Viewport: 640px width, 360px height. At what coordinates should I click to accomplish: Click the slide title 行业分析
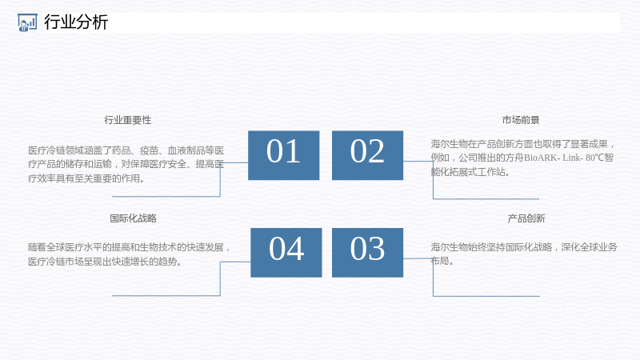tap(76, 22)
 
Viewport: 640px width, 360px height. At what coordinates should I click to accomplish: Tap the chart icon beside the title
tap(27, 22)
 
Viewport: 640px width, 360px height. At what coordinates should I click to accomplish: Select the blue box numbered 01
tap(284, 155)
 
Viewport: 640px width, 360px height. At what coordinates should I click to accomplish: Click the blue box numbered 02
tap(367, 155)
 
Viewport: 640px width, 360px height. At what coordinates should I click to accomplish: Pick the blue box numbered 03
tap(367, 253)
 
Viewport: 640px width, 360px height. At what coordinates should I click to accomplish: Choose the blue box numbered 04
tap(286, 253)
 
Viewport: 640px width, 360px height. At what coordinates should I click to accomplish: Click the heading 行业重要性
tap(128, 120)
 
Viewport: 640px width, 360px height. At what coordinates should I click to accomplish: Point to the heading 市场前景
tap(521, 120)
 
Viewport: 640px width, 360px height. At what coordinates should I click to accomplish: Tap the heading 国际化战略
tap(133, 218)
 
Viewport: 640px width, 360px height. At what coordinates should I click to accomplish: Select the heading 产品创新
tap(526, 218)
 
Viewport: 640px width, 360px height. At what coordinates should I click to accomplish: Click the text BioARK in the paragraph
tap(541, 158)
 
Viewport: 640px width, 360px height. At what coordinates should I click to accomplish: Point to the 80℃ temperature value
tap(594, 158)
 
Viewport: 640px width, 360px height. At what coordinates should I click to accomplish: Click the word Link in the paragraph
tap(570, 158)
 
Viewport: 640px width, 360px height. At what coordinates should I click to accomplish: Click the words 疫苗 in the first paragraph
tap(149, 150)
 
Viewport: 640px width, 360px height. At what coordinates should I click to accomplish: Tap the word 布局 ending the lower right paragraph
tap(439, 261)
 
